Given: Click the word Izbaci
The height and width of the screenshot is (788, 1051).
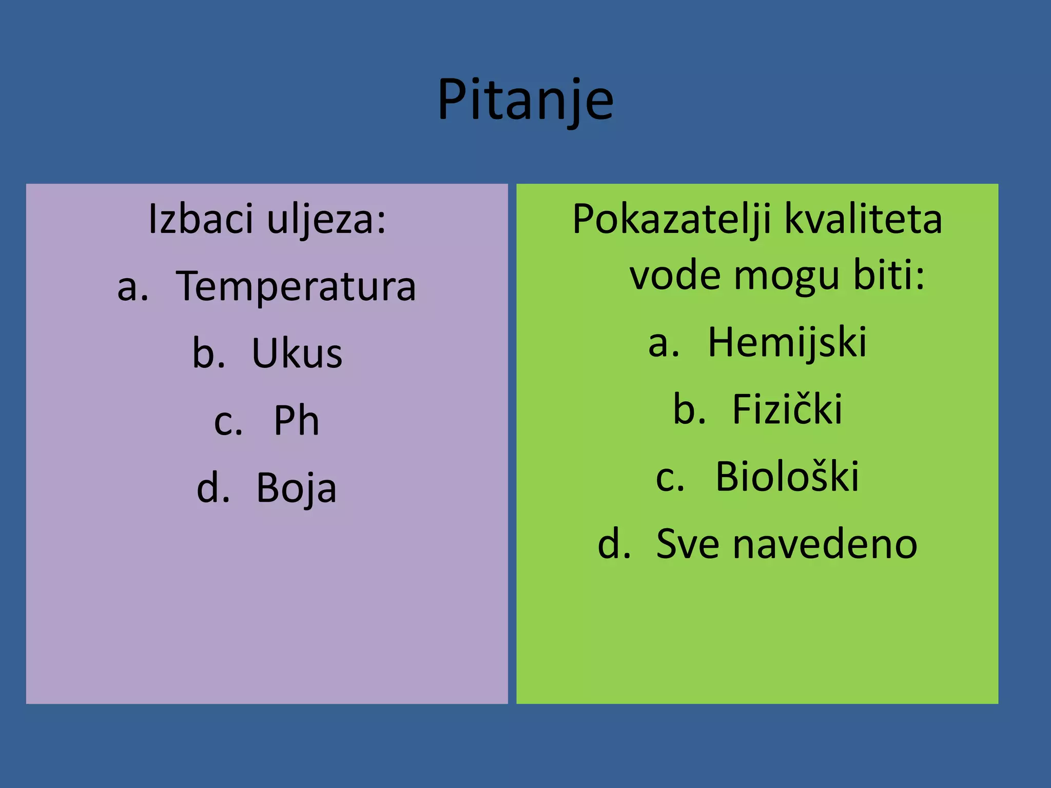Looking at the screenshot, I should pyautogui.click(x=201, y=220).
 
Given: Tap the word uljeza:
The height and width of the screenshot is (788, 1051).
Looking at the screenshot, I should pyautogui.click(x=326, y=220).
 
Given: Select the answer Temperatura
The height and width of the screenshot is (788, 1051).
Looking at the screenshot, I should pyautogui.click(x=296, y=287).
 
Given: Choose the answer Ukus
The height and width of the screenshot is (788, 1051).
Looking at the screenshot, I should pyautogui.click(x=297, y=354).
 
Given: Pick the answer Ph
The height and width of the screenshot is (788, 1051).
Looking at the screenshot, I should pyautogui.click(x=296, y=421).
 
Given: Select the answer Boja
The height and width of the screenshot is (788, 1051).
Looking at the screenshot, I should pyautogui.click(x=296, y=488).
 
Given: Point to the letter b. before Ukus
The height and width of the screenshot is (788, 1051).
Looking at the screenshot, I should pyautogui.click(x=208, y=354).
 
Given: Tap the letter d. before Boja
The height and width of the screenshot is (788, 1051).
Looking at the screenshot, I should pyautogui.click(x=213, y=488).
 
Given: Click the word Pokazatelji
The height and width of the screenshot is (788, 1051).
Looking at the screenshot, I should pyautogui.click(x=672, y=220).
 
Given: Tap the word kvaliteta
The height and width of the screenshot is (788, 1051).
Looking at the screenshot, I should pyautogui.click(x=864, y=220).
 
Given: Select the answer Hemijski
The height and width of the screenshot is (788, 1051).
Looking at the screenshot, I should pyautogui.click(x=787, y=343).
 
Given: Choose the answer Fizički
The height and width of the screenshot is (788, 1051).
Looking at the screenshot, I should pyautogui.click(x=787, y=409).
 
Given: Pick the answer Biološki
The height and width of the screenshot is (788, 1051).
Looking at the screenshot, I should pyautogui.click(x=787, y=477).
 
